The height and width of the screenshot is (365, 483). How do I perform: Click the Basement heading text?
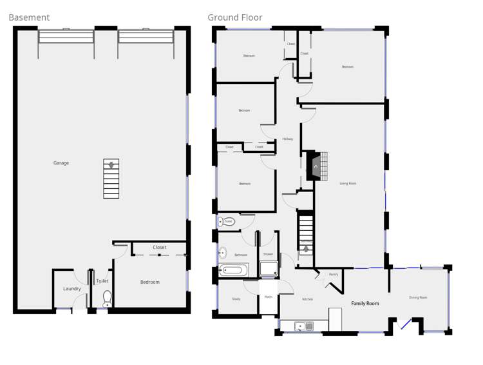pyautogui.click(x=29, y=17)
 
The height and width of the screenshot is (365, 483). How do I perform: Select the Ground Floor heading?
pyautogui.click(x=234, y=17)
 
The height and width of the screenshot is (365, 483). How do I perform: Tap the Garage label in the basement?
pyautogui.click(x=61, y=163)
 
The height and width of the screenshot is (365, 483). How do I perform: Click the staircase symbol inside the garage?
pyautogui.click(x=111, y=178)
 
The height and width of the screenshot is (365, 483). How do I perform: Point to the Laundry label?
pyautogui.click(x=72, y=289)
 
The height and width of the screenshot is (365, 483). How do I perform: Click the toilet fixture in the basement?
pyautogui.click(x=108, y=298)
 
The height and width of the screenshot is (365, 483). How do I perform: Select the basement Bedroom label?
pyautogui.click(x=150, y=282)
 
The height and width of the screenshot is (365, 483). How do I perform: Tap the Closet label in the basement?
pyautogui.click(x=160, y=248)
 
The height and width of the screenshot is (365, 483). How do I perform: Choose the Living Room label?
pyautogui.click(x=348, y=184)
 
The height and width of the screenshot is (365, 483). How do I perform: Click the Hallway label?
pyautogui.click(x=287, y=139)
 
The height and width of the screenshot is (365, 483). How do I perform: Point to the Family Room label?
pyautogui.click(x=365, y=303)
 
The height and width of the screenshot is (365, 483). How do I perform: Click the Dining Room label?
pyautogui.click(x=418, y=298)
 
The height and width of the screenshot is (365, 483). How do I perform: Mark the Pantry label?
pyautogui.click(x=333, y=275)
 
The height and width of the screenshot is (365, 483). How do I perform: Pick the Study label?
pyautogui.click(x=236, y=299)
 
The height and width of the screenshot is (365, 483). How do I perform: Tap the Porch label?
pyautogui.click(x=269, y=297)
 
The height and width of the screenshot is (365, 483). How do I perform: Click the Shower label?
pyautogui.click(x=268, y=254)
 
